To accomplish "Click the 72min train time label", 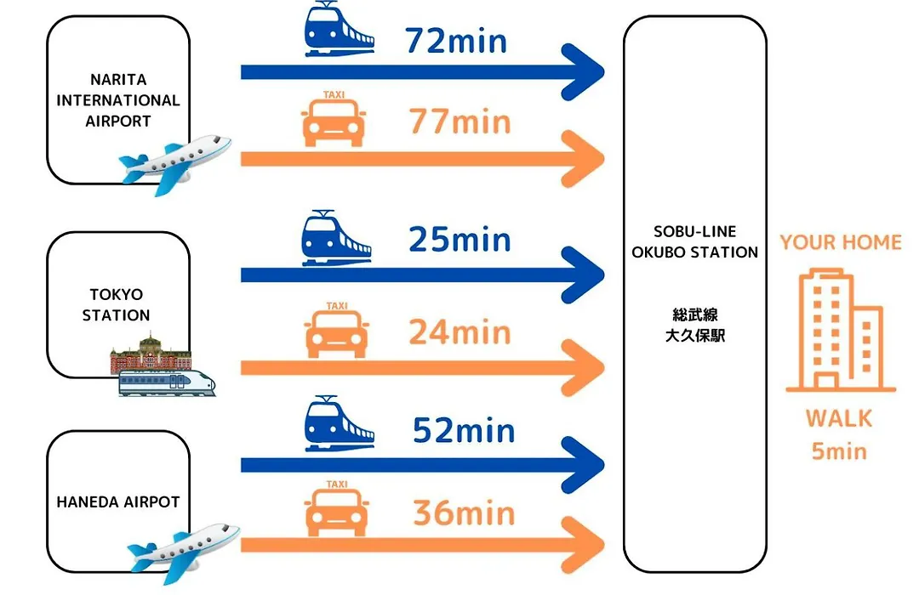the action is point(455,41).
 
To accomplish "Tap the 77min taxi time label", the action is point(459,122).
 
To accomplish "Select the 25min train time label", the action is point(459,240).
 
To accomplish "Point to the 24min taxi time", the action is point(459,332).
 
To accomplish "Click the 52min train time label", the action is point(464,430).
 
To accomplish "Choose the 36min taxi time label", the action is point(464,513).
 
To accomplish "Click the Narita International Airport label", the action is point(117,100).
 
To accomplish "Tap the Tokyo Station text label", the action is point(116,304).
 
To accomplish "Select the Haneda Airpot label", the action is point(117,501).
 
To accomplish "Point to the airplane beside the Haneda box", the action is point(184,552).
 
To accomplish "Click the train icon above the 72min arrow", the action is point(338,29).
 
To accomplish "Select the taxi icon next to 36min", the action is point(337,507).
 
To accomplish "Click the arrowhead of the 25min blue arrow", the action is point(583,275).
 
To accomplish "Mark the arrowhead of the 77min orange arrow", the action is point(583,159).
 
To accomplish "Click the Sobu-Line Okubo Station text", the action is point(694,242).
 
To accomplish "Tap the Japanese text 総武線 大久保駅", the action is point(695,325).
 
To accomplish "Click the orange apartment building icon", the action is point(841,330).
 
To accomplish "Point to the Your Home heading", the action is point(841,242).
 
